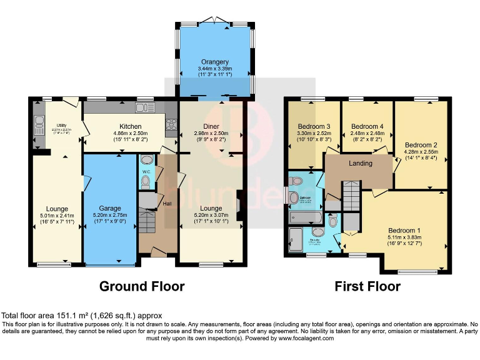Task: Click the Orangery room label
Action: coord(214,62)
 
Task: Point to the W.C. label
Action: coord(146,171)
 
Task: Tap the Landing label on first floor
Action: coord(361,164)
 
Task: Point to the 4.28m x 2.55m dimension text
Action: coord(420,152)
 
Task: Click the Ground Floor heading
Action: coord(142,286)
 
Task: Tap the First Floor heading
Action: coord(367,286)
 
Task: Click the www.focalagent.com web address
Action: coord(300,338)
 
